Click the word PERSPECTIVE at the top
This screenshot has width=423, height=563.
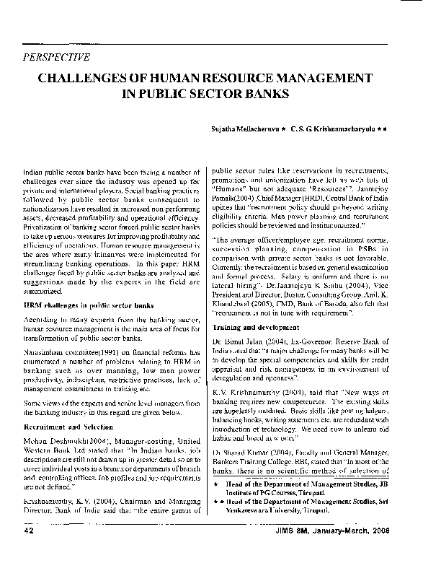pos(57,57)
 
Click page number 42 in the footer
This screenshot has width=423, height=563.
pos(30,551)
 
